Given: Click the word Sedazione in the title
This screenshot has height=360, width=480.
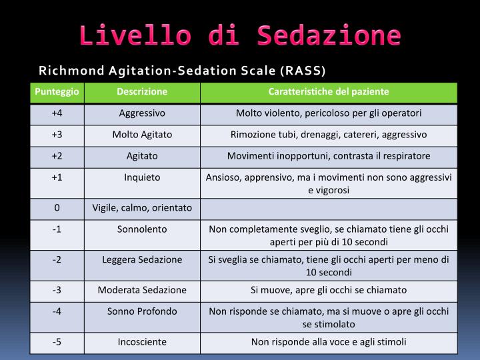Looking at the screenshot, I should click(x=327, y=35).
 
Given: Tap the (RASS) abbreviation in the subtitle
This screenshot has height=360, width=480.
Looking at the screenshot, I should click(x=303, y=70).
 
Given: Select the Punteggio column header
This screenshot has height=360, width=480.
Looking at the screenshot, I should click(x=57, y=91).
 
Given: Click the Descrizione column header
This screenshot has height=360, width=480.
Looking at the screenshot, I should click(x=142, y=91).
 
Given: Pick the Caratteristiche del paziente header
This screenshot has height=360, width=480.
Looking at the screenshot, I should click(x=329, y=91).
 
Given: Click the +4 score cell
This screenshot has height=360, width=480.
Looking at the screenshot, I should click(x=57, y=113).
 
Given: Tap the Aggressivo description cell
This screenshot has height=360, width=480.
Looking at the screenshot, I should click(x=142, y=113).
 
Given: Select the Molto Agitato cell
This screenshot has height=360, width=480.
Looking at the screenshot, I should click(x=142, y=135).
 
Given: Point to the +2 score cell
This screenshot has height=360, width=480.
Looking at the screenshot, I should click(x=57, y=156).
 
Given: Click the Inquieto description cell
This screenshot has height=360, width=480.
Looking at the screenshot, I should click(x=142, y=177).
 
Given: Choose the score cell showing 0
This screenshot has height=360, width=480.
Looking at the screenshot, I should click(x=57, y=208).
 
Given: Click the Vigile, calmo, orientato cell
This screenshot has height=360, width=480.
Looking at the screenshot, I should click(x=142, y=208).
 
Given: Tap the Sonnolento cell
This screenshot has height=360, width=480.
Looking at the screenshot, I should click(x=142, y=229).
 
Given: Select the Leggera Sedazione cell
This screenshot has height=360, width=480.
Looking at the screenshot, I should click(x=142, y=259).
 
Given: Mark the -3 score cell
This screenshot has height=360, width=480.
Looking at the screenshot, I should click(x=57, y=290).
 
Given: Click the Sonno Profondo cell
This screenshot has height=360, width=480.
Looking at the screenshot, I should click(x=142, y=311).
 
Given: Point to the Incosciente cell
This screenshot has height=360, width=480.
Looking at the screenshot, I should click(x=142, y=342).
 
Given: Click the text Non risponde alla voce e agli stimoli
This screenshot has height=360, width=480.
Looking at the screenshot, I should click(x=329, y=342).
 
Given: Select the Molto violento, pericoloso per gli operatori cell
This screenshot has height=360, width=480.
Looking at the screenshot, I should click(x=329, y=113).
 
